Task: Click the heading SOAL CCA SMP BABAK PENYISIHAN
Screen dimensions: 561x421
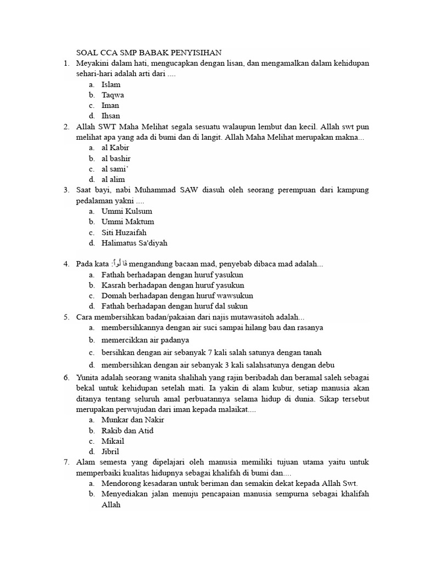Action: tap(149, 53)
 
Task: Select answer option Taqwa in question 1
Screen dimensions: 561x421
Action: tap(112, 95)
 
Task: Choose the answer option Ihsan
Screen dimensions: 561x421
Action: tap(110, 116)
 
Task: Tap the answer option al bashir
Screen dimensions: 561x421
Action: tap(116, 158)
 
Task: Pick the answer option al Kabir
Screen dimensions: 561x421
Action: tap(115, 148)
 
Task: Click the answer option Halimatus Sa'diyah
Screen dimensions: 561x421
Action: tap(134, 243)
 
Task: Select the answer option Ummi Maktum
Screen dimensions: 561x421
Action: tap(128, 222)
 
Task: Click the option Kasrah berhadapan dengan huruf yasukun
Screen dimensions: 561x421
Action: tap(173, 285)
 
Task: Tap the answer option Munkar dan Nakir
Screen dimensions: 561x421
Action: tap(133, 420)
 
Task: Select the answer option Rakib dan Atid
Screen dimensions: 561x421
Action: tap(127, 431)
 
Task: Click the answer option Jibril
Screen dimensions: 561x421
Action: tap(110, 451)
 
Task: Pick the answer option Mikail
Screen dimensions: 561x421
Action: tap(112, 441)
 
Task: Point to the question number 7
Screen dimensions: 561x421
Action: tap(66, 462)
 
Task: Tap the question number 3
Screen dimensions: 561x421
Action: tap(66, 190)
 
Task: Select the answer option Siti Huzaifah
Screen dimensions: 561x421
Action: tap(124, 232)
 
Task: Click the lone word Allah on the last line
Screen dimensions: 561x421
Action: tap(111, 505)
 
